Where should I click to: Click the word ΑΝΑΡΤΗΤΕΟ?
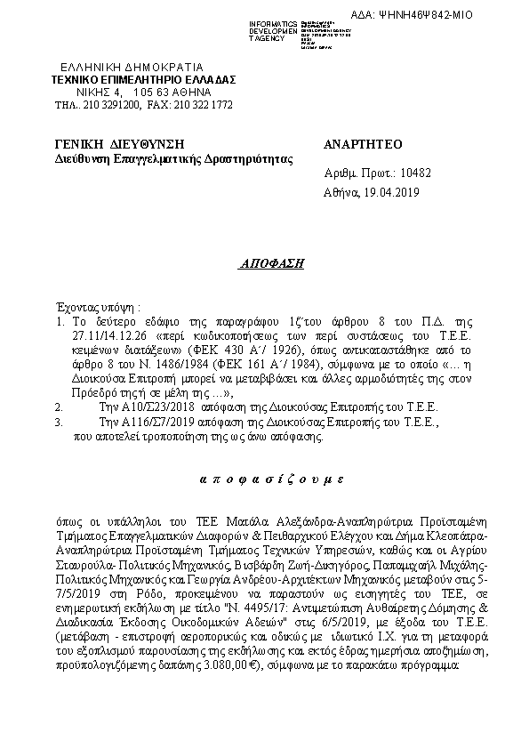364,144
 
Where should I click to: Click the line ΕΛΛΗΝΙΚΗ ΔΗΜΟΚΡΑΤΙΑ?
131,67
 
